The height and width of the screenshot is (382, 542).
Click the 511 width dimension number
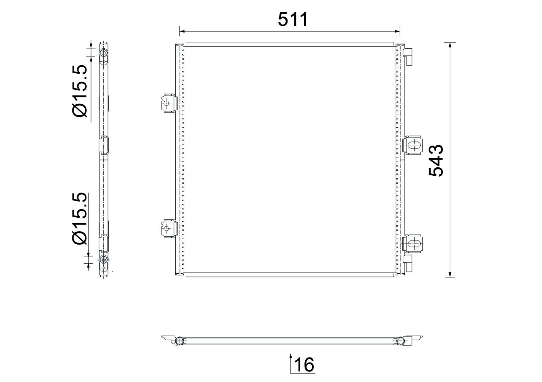pyautogui.click(x=293, y=19)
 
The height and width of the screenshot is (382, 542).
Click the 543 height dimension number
pyautogui.click(x=436, y=160)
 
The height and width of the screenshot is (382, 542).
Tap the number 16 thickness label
pyautogui.click(x=304, y=365)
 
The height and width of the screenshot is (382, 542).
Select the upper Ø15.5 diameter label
pyautogui.click(x=79, y=91)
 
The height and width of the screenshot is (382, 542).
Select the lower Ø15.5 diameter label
pyautogui.click(x=79, y=219)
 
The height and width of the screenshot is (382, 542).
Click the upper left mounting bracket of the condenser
pyautogui.click(x=169, y=103)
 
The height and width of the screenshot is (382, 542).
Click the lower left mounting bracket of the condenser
pyautogui.click(x=169, y=229)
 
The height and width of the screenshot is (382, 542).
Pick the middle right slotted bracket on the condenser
pyautogui.click(x=412, y=145)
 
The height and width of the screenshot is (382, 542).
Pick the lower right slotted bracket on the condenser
pyautogui.click(x=412, y=244)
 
